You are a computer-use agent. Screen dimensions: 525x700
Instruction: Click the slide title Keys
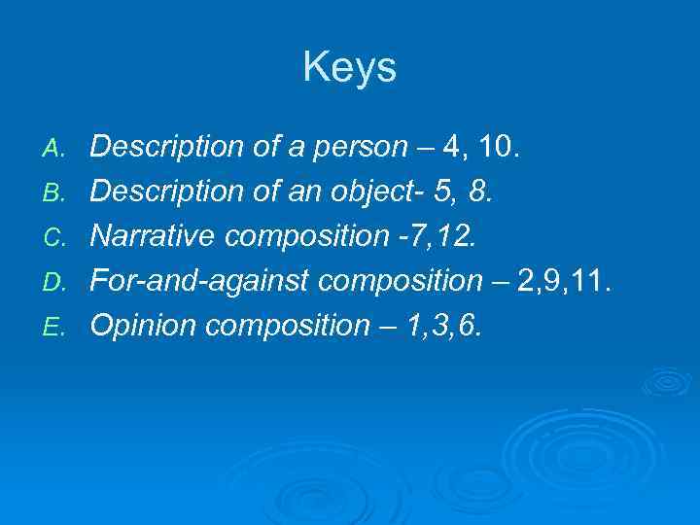pyautogui.click(x=349, y=68)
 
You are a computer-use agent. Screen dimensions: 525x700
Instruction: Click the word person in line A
pyautogui.click(x=361, y=148)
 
